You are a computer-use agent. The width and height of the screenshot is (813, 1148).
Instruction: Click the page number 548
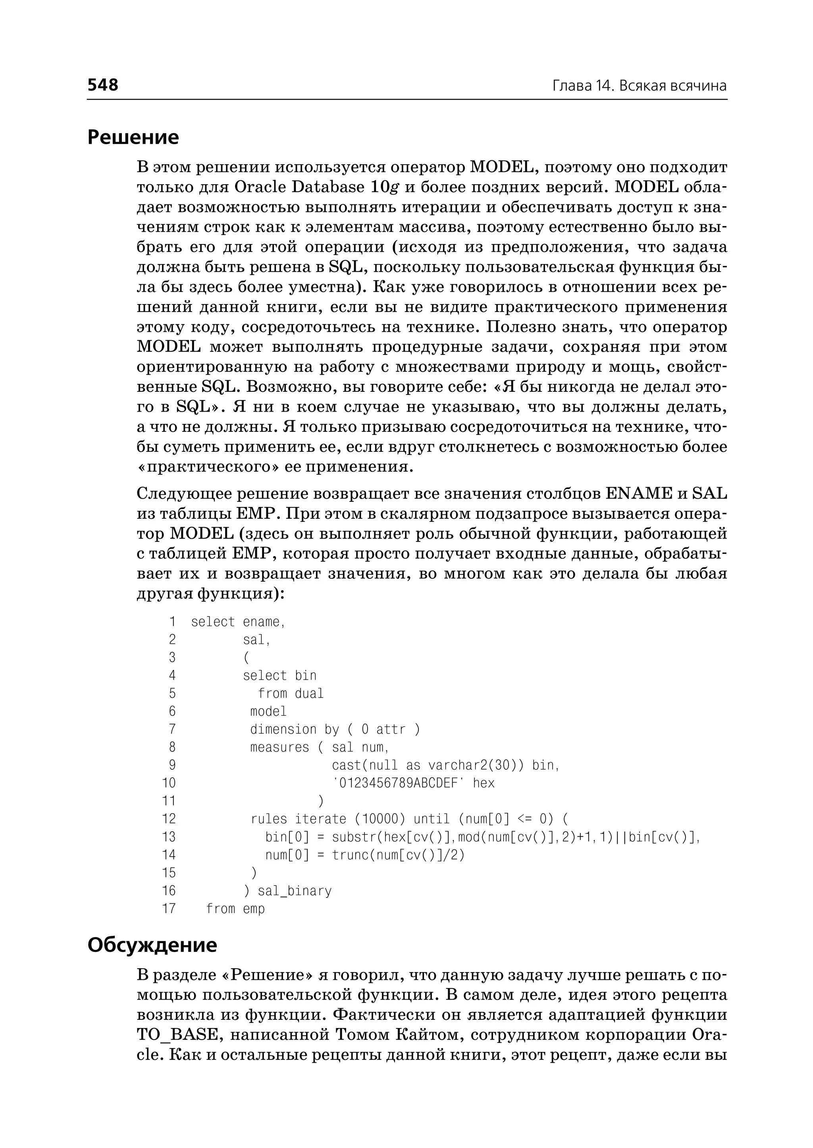tap(103, 85)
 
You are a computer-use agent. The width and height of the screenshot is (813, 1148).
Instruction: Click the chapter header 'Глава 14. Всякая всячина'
tap(639, 86)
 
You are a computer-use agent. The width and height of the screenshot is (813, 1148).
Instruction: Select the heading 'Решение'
tap(133, 137)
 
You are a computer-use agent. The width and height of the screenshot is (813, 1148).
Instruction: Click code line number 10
tap(169, 783)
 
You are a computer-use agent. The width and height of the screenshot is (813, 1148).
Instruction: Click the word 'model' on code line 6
tap(268, 711)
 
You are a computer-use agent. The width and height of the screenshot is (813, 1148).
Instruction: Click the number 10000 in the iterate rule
tap(383, 819)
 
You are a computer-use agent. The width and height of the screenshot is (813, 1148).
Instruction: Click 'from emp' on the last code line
tap(235, 909)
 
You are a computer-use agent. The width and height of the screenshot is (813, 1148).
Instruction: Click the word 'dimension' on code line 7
tap(283, 730)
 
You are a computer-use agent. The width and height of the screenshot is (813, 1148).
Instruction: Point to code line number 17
tap(169, 909)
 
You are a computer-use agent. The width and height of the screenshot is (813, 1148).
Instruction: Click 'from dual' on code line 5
tap(290, 693)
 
